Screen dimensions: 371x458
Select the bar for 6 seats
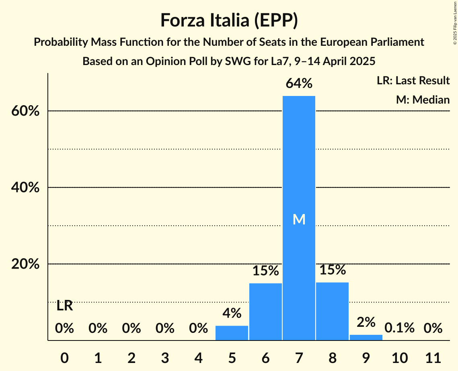coord(265,312)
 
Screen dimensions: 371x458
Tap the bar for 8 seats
coord(332,311)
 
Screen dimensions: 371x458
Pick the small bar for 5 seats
coord(232,333)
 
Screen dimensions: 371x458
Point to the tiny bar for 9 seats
coord(366,337)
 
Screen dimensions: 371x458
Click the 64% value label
coord(299,84)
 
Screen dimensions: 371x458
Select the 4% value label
coord(232,313)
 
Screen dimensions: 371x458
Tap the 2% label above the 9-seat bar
coord(366,322)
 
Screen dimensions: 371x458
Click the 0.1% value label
coord(399,328)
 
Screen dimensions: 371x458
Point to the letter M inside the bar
coord(299,219)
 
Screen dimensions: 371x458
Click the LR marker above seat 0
coord(64,306)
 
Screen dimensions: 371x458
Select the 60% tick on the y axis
coord(25,111)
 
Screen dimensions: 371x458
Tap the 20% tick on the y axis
coord(25,265)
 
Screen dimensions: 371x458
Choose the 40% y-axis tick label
coord(25,188)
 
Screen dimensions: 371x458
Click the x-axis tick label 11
coord(433,357)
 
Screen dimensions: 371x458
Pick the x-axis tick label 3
coord(165,357)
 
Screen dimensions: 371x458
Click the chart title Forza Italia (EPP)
coord(229,20)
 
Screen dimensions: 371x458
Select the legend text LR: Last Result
coord(413,81)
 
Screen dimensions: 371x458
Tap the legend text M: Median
coord(422,100)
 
